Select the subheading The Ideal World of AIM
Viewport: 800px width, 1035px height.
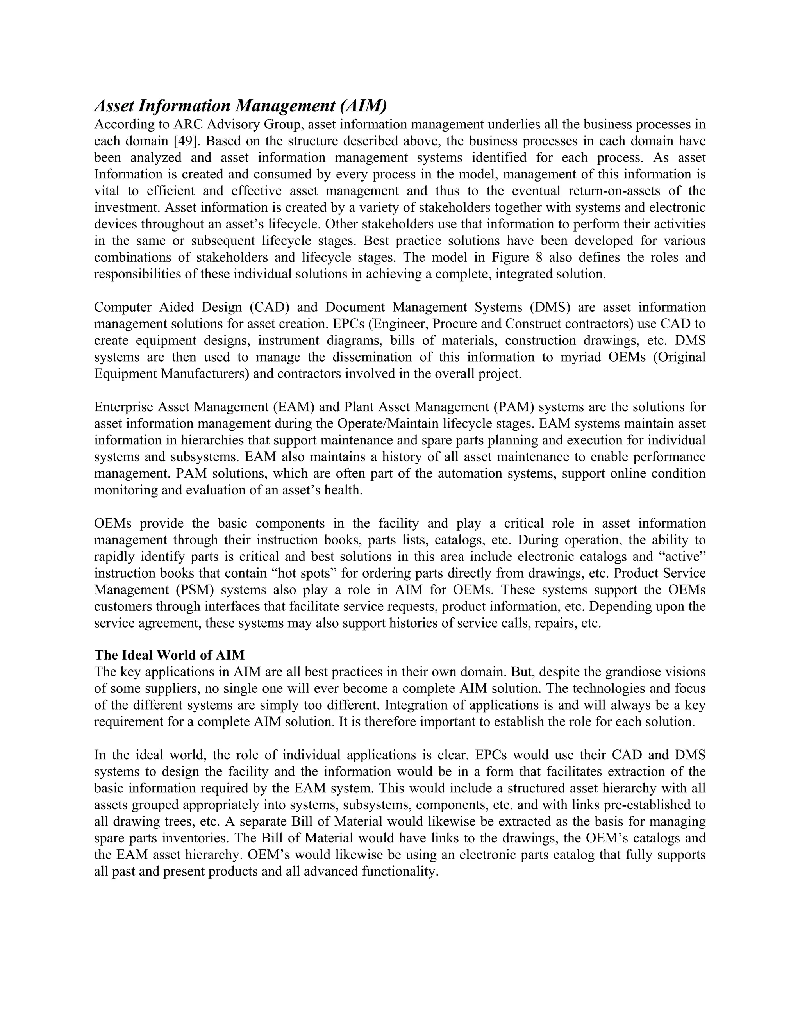169,655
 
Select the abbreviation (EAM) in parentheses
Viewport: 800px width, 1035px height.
293,407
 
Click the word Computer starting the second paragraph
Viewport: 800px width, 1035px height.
122,307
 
